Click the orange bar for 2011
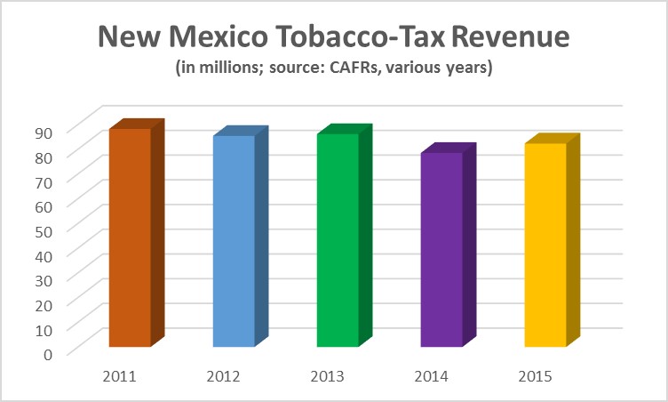(130, 237)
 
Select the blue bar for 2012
(234, 241)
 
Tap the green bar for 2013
(338, 240)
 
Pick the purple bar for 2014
(441, 250)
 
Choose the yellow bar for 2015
(545, 245)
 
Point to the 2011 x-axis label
(119, 376)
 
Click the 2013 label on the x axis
(327, 376)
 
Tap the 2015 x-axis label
(535, 376)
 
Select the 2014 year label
(431, 376)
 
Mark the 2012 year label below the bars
(223, 376)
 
